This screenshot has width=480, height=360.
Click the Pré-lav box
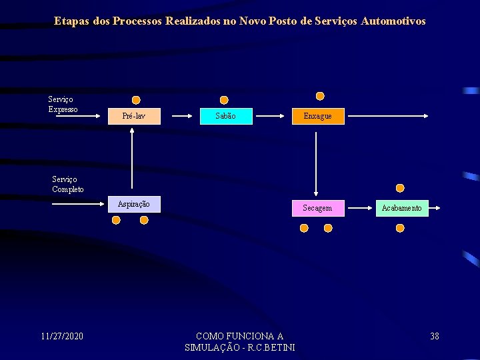pos(134,116)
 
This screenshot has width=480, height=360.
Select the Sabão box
pos(226,116)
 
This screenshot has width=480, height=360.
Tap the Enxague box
pos(317,116)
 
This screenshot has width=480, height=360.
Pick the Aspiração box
pos(134,204)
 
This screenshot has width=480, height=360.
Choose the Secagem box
pos(317,208)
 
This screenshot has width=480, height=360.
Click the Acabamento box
pos(401,208)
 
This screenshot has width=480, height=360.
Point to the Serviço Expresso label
pos(63,104)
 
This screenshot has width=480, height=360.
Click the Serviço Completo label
pos(68,184)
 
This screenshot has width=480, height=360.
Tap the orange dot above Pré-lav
pos(137,100)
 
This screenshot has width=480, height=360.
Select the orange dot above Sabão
pos(224,100)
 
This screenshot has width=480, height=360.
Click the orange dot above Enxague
pos(320,96)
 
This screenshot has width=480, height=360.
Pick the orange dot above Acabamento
pos(400,188)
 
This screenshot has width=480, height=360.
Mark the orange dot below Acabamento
pos(400,228)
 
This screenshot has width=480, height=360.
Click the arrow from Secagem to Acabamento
pos(354,208)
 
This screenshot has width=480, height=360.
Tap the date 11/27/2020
pos(62,336)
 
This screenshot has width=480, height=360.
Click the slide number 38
pos(435,336)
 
